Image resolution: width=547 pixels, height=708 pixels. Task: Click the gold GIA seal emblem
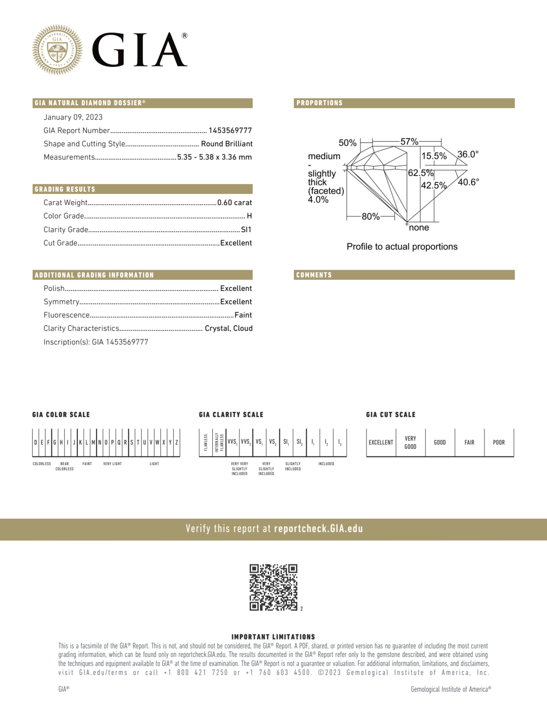point(57,49)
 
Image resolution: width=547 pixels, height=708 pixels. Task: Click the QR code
point(273,587)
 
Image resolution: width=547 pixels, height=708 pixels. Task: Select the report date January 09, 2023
point(73,117)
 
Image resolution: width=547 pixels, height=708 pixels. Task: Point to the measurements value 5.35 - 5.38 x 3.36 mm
point(214,157)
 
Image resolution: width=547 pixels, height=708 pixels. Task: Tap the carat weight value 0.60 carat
point(235,203)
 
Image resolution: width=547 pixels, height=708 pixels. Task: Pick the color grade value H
point(249,216)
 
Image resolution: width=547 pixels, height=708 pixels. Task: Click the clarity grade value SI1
point(246,230)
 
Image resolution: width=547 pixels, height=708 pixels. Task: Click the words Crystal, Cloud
point(229,328)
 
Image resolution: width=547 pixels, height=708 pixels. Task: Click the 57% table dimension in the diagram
point(409,142)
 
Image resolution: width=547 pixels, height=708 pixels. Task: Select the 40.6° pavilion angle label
point(468,182)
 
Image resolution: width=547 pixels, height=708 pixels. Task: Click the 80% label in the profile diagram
point(371,217)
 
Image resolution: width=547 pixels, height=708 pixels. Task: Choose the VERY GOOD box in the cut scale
point(410,443)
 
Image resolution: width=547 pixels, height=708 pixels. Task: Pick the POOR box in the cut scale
point(499,443)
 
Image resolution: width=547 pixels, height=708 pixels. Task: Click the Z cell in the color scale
point(177,443)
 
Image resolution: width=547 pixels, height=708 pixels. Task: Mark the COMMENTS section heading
point(314,275)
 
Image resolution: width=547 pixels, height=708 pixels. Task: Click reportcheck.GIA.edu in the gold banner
point(318,529)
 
